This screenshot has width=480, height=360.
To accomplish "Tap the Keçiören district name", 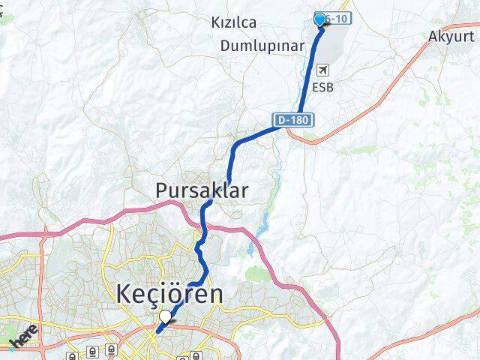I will tap(169, 295).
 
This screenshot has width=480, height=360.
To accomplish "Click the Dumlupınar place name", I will tap(262, 46).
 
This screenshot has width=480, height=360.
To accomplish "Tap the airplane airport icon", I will tap(323, 70).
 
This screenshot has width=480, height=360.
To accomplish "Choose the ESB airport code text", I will tap(325, 87).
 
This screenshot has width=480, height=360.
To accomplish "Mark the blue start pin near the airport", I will tap(320, 20).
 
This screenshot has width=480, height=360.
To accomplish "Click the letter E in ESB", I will tap(316, 87).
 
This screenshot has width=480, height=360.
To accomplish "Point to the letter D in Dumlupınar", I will tap(226, 46).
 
